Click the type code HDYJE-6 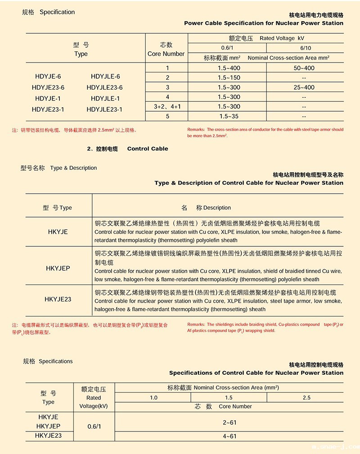click(x=48, y=77)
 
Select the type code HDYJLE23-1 click(x=104, y=109)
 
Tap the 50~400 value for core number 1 click(x=304, y=68)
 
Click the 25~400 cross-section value click(x=304, y=87)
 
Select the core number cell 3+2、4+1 click(x=167, y=107)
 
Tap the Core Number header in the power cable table click(x=166, y=54)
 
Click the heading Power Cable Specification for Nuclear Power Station click(x=264, y=23)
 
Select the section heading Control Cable click(x=148, y=149)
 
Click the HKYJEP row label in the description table click(x=58, y=268)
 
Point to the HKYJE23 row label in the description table click(x=58, y=299)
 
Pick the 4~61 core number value click(x=229, y=436)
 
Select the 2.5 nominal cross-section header click(x=306, y=398)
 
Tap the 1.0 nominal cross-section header click(x=154, y=398)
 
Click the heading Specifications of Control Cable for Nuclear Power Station click(x=256, y=373)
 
